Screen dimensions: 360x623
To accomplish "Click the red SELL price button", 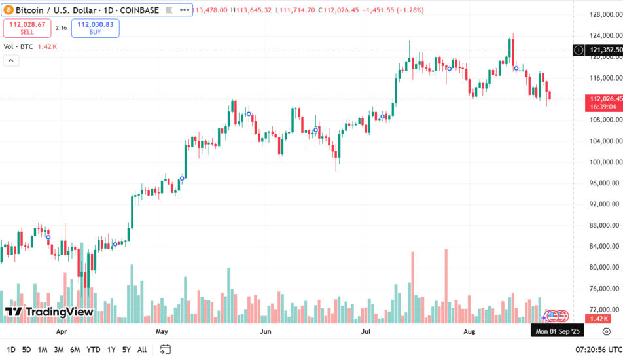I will point(27,27).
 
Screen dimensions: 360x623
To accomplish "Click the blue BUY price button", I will point(95,27).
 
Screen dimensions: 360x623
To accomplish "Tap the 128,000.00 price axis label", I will point(605,15).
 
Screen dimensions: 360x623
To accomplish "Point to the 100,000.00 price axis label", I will point(605,162).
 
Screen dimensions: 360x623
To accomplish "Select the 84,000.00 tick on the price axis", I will point(605,246).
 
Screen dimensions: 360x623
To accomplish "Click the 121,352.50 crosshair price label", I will point(605,50).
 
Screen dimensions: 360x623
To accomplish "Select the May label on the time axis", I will point(162,332).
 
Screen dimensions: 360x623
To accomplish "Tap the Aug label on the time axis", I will point(469,332).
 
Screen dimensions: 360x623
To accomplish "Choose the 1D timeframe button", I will point(11,350).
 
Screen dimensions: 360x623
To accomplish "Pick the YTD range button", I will point(93,350).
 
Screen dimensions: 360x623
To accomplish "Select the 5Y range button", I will point(126,350).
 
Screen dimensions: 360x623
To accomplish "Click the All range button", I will point(142,350).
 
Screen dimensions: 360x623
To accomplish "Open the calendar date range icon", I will point(166,350).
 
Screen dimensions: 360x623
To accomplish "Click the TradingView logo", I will point(49,312).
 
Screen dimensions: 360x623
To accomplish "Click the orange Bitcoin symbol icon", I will point(9,10).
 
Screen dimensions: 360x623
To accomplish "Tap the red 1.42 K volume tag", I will point(600,319).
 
